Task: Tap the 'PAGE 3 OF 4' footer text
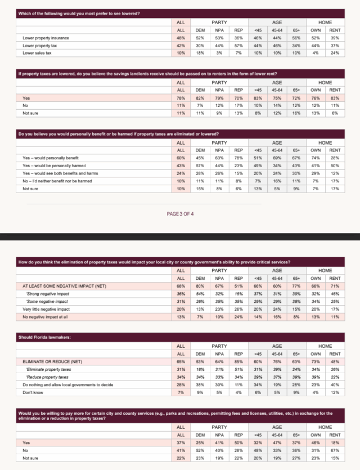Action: click(180, 214)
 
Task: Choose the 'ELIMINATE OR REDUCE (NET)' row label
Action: click(48, 361)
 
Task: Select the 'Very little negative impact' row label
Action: click(46, 309)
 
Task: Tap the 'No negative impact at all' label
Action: click(44, 317)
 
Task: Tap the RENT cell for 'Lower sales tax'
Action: click(335, 52)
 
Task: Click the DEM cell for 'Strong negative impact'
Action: click(200, 293)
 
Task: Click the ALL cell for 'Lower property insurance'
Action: click(181, 38)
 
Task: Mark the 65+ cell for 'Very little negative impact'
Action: click(296, 309)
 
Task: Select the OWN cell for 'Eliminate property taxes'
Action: click(316, 369)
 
